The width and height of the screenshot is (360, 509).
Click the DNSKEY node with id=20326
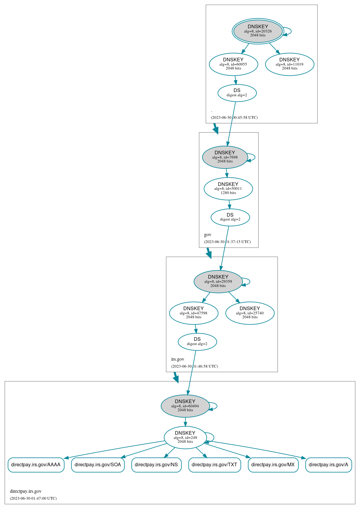click(258, 31)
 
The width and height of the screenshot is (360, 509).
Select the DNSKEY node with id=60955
click(233, 64)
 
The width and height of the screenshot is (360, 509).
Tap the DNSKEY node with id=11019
click(290, 64)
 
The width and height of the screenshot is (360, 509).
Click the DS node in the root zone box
click(237, 93)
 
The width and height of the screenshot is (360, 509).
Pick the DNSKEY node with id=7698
click(225, 157)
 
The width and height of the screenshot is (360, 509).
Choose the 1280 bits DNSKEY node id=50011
click(228, 189)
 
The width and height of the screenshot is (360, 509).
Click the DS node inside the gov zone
click(230, 217)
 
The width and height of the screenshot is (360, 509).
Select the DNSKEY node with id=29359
click(218, 282)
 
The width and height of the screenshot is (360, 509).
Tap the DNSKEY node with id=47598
click(194, 313)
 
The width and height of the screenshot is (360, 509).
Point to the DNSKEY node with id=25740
click(250, 313)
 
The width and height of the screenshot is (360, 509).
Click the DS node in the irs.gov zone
click(197, 341)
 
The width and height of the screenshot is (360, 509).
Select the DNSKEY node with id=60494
click(185, 406)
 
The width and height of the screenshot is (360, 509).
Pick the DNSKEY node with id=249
click(185, 437)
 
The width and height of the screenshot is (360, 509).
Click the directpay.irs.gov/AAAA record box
click(36, 465)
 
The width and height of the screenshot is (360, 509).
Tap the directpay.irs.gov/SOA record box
click(98, 465)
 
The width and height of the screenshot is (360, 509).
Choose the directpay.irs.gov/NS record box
click(156, 465)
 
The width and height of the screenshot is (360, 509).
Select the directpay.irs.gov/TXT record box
click(214, 465)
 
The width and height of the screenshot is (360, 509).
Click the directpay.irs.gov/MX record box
click(273, 465)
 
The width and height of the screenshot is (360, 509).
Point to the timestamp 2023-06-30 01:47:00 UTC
click(33, 498)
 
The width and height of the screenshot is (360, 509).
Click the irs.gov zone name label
click(178, 359)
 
